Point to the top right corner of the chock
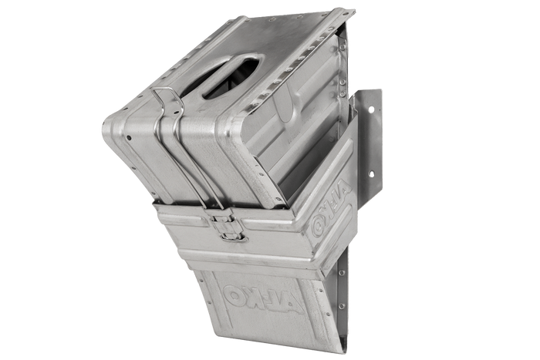(x=354, y=10)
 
